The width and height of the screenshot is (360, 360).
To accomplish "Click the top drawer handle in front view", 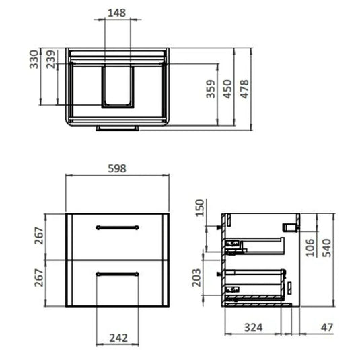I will [x=118, y=227].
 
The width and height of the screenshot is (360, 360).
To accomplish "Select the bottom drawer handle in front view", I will [x=118, y=273].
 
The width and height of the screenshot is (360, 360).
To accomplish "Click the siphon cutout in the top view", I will [x=118, y=86].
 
